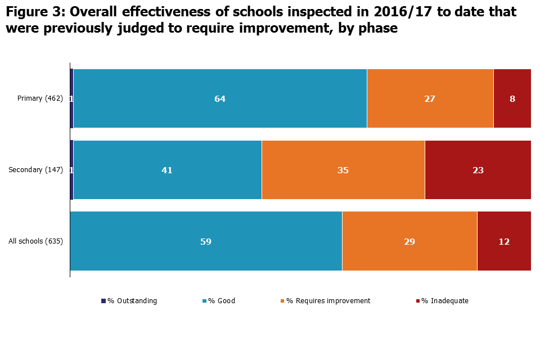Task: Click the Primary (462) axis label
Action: (40, 98)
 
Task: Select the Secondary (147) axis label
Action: (35, 170)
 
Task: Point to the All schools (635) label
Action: (35, 241)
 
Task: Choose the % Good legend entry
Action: (222, 301)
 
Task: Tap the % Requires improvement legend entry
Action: (328, 301)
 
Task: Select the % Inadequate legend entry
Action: (444, 301)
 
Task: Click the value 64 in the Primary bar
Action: (220, 98)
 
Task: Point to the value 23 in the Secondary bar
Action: (478, 170)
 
